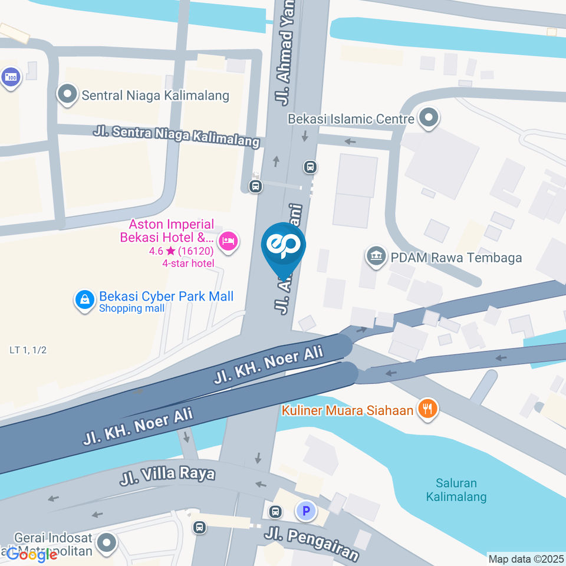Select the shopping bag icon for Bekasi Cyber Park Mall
pos(85,300)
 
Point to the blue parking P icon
pos(306,511)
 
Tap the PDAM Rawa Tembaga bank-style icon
pos(376,256)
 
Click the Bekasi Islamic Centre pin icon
pos(428,118)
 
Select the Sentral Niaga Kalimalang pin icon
pos(67,94)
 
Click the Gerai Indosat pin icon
pos(107,543)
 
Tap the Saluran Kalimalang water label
pos(456,489)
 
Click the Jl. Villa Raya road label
pos(167,475)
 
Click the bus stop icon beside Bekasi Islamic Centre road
pos(311,167)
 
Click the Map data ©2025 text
pos(526,558)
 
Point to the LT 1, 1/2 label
pos(28,350)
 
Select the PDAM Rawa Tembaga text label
pos(455,258)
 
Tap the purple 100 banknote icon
pos(11,77)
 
